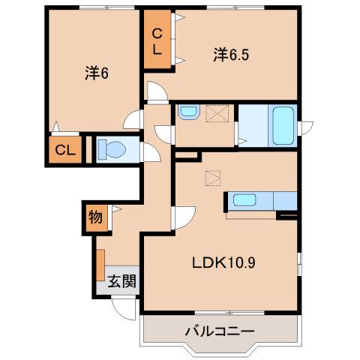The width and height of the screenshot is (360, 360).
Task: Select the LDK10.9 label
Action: click(x=224, y=264)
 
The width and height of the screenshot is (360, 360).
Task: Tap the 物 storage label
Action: click(x=95, y=217)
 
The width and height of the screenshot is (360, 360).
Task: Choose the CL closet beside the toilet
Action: click(x=65, y=149)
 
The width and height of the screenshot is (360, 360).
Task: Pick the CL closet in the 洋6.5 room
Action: click(x=158, y=42)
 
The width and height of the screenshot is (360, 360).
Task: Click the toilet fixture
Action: click(x=113, y=148)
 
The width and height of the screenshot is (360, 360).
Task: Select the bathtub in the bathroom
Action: click(x=283, y=124)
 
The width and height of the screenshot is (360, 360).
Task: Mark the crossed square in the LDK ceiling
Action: click(x=213, y=178)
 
